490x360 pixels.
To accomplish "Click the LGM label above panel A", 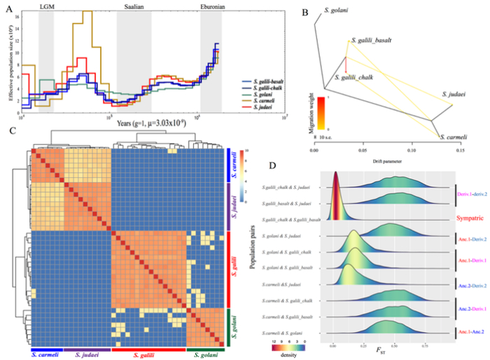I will coord(45,6).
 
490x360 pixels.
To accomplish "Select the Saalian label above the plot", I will coord(133,6).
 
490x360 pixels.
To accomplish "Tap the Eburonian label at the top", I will coord(212,6).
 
